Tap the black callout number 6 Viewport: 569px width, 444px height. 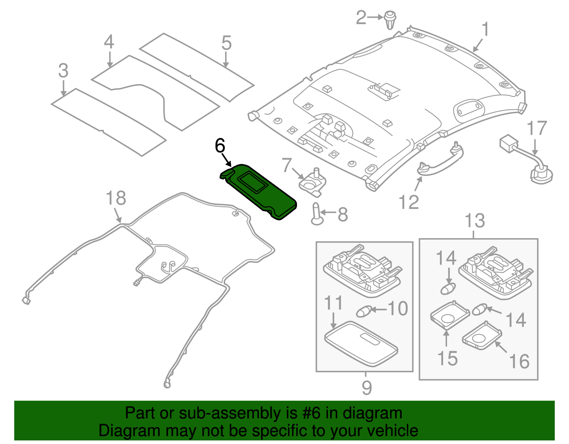[220, 146]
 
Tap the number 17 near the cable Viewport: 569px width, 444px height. [536, 128]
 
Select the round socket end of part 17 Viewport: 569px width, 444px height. [541, 176]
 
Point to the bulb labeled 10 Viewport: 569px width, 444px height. [364, 311]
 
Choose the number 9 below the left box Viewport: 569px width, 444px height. [366, 387]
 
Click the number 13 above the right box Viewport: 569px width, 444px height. [475, 221]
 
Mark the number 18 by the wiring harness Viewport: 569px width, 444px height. [116, 198]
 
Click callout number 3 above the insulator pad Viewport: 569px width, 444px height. [63, 71]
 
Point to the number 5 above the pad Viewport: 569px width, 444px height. [226, 43]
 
